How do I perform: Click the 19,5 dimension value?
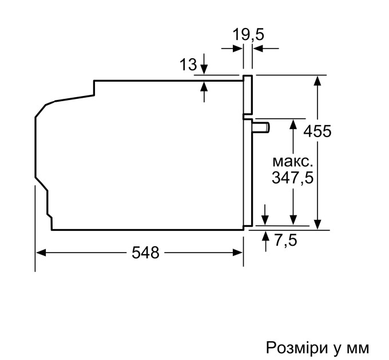pyautogui.click(x=249, y=35)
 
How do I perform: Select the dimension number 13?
pyautogui.click(x=188, y=65)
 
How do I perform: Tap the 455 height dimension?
pyautogui.click(x=317, y=131)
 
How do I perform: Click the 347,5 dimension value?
pyautogui.click(x=292, y=178)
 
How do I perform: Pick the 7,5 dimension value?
pyautogui.click(x=285, y=241)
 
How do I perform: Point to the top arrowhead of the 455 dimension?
pyautogui.click(x=317, y=79)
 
